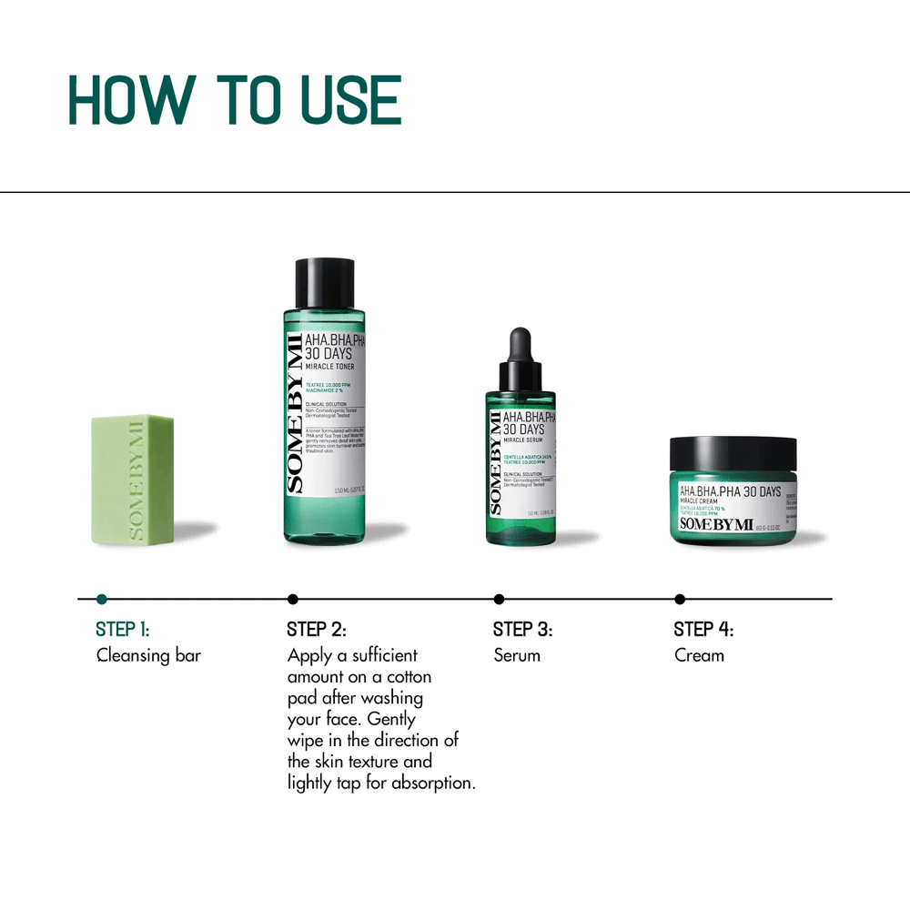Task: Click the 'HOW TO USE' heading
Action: [235, 100]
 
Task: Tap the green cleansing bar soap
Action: [134, 480]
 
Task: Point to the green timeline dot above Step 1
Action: [102, 599]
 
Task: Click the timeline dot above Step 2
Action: [292, 599]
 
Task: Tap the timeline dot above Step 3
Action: [499, 599]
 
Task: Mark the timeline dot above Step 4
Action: [680, 599]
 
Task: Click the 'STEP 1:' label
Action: [123, 629]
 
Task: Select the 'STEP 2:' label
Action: [317, 629]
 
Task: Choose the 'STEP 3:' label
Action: [522, 629]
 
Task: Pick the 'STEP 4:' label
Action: [703, 629]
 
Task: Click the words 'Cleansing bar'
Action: [148, 655]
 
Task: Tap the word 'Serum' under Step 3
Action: [517, 655]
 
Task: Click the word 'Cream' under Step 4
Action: [700, 655]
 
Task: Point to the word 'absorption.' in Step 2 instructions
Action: [434, 784]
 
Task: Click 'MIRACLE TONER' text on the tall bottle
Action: [329, 367]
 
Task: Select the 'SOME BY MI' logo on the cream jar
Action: [717, 523]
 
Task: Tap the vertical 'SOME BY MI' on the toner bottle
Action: [294, 414]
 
